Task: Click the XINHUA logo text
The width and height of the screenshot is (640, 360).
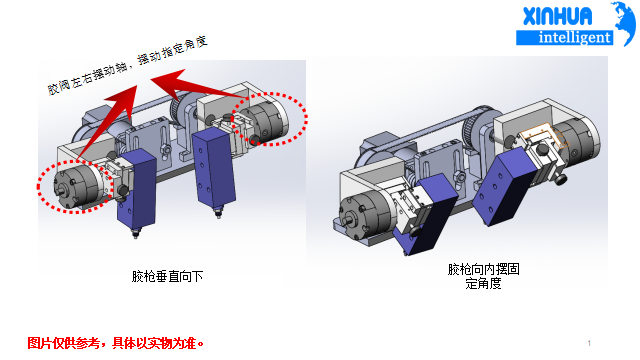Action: point(558,16)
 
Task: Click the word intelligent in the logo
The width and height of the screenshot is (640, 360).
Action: point(575,38)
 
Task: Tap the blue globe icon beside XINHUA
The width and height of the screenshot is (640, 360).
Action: point(624,24)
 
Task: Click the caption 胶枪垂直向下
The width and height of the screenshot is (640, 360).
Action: point(167,276)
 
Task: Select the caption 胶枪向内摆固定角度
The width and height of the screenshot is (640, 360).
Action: point(484,276)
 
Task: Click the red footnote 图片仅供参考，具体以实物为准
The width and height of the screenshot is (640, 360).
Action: point(116,343)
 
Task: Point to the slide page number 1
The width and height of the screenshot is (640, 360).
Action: point(589,343)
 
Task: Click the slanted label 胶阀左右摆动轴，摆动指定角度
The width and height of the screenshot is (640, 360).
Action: point(128,65)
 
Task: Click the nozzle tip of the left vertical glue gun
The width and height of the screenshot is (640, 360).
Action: point(134,235)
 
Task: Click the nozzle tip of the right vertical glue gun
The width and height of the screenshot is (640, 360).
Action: point(218,213)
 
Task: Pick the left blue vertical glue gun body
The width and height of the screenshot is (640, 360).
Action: point(136,191)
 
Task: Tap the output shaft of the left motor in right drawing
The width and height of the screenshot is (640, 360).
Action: point(347,221)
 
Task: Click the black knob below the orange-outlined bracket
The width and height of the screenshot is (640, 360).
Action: point(560,179)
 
